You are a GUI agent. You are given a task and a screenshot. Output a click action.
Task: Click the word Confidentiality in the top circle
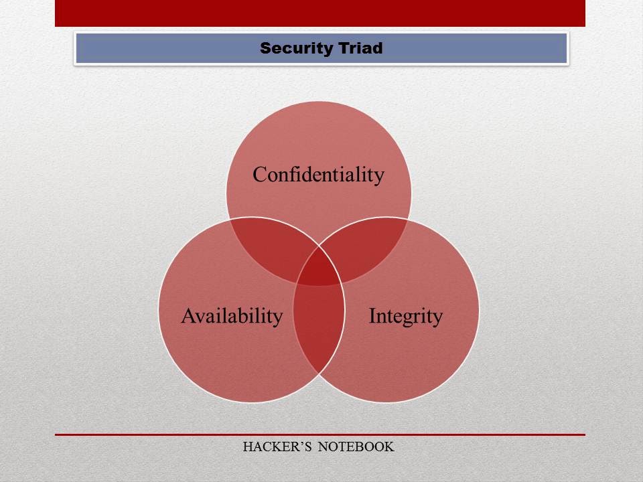click(x=318, y=175)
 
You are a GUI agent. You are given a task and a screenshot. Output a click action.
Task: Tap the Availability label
click(x=232, y=316)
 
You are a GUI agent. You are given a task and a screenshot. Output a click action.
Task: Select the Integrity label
click(x=405, y=316)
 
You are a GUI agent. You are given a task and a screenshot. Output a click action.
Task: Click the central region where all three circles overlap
click(x=319, y=272)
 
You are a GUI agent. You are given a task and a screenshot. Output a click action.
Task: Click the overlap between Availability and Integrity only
click(x=319, y=328)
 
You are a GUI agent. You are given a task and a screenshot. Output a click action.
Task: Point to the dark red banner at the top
click(x=319, y=13)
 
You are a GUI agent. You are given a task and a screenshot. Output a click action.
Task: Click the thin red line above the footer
click(x=319, y=434)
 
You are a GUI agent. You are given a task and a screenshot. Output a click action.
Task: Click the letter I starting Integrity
click(x=372, y=315)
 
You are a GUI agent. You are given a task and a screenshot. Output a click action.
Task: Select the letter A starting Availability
click(x=188, y=315)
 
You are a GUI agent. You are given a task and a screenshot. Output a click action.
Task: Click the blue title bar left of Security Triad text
click(x=167, y=48)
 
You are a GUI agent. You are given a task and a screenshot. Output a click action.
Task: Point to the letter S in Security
click(x=265, y=48)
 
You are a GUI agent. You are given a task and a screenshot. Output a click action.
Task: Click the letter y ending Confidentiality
click(x=379, y=177)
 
